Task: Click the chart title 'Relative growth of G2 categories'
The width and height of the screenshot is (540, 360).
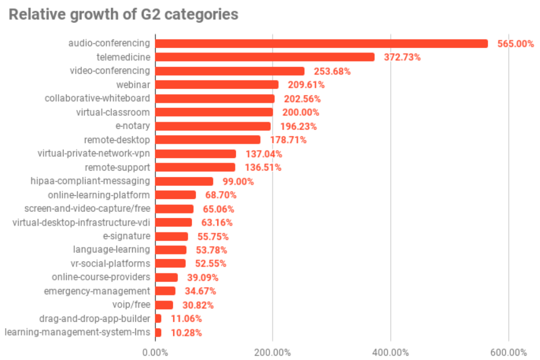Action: (123, 14)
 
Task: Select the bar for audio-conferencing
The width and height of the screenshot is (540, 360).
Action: (321, 44)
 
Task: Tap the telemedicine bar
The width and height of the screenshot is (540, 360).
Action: (265, 57)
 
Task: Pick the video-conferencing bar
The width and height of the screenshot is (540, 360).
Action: (229, 71)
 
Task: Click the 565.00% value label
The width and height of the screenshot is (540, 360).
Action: (515, 44)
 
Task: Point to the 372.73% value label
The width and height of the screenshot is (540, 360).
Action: (402, 57)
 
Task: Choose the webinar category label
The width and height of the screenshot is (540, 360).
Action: (134, 85)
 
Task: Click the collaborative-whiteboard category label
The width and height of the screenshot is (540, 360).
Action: (97, 99)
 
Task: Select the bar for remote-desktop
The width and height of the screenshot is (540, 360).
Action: (207, 140)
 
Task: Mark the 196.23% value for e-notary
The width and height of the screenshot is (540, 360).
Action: (298, 126)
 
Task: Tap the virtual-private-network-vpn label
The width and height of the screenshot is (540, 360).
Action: (94, 154)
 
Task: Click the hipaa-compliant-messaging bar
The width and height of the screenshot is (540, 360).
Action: (184, 181)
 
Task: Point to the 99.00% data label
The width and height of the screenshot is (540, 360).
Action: (238, 182)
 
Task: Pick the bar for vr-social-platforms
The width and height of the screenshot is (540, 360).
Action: (170, 263)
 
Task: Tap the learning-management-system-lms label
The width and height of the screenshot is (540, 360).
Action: (77, 333)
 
